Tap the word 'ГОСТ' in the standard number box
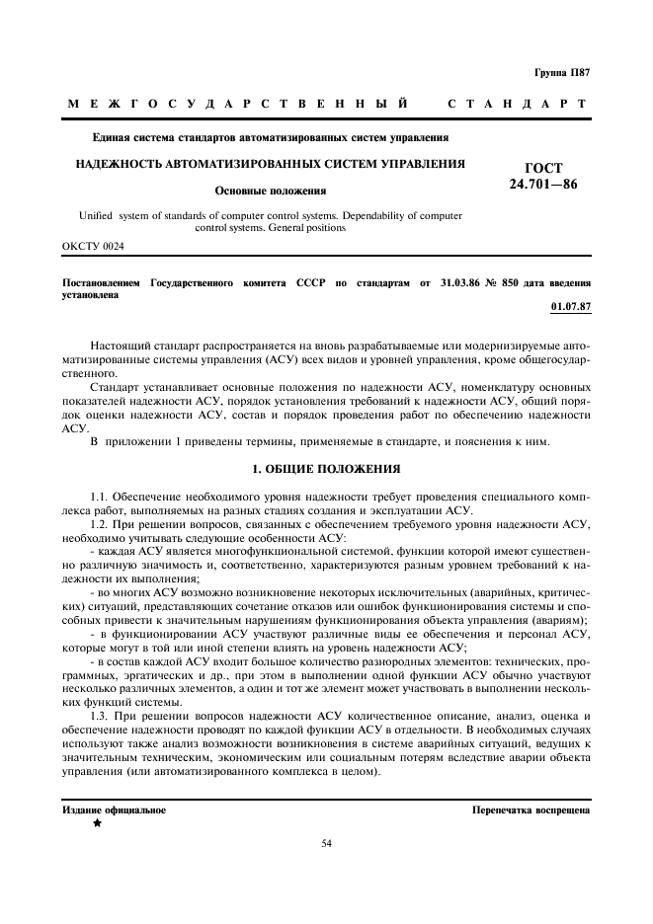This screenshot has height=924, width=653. coord(543,169)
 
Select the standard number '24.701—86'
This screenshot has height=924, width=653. coord(543,185)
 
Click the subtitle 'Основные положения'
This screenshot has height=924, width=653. coord(271,191)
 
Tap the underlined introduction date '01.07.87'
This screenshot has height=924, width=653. coord(570,306)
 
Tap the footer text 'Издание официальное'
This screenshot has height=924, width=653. coord(114,809)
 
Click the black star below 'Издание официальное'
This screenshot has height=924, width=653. coord(97,823)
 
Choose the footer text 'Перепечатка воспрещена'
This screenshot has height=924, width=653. coord(531,809)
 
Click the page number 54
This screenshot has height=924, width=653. coord(327,843)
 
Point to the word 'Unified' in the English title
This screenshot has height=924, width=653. coord(95,214)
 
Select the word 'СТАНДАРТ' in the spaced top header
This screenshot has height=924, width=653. coord(518,104)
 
